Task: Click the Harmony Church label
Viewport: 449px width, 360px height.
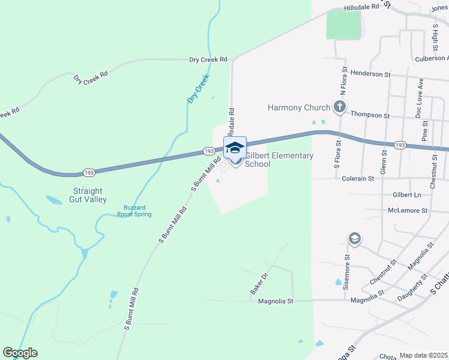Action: (x=299, y=108)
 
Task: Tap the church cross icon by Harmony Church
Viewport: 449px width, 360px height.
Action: (x=340, y=108)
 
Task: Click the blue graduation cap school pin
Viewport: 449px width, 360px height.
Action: (x=235, y=148)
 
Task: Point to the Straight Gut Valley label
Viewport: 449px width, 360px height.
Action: (x=85, y=195)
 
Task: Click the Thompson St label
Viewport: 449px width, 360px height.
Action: (x=370, y=115)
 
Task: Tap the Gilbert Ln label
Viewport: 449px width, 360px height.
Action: (x=406, y=195)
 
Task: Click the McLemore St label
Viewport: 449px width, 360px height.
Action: (x=407, y=211)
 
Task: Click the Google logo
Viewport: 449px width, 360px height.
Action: (x=20, y=353)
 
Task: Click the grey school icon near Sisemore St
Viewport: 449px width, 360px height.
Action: (x=354, y=239)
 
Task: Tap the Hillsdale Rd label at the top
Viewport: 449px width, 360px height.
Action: (x=362, y=7)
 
